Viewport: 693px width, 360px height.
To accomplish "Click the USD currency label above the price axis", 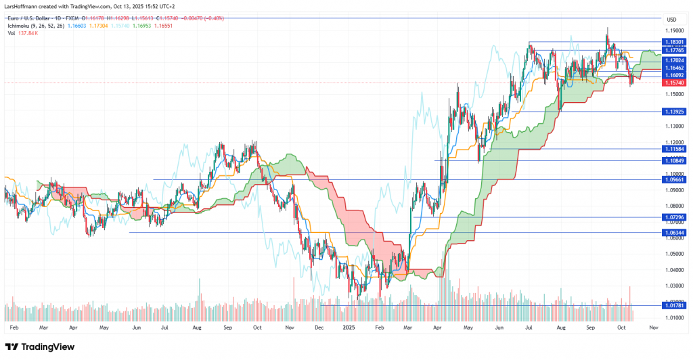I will [672, 19].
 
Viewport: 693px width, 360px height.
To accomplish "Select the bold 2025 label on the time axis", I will [349, 327].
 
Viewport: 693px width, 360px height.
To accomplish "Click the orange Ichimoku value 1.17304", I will [99, 24].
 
